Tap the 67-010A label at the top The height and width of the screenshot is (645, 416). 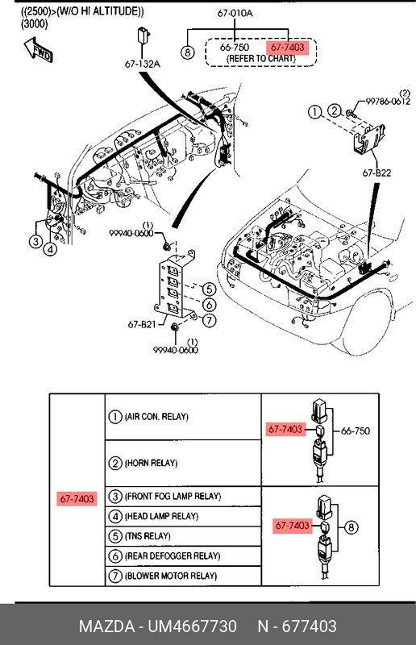[x=235, y=13]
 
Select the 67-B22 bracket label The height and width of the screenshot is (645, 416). [x=376, y=173]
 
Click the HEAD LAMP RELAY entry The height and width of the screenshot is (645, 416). [x=161, y=516]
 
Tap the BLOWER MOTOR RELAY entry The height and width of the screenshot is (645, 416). [x=171, y=576]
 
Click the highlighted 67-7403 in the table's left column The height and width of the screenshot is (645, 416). [x=77, y=499]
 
